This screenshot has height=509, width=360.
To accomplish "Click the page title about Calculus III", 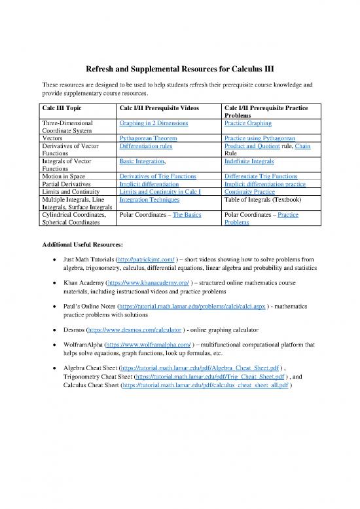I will pos(179,69).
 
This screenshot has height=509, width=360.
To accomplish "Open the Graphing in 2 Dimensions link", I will pos(154,123).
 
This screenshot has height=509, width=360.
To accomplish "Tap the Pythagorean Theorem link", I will pos(148,138).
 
